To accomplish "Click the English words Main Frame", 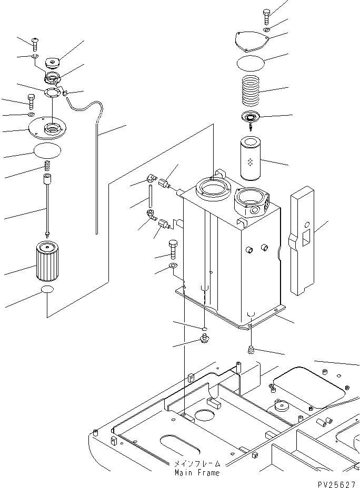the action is (x=197, y=473).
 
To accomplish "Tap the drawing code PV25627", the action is (x=337, y=484).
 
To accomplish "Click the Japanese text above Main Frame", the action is (x=197, y=464).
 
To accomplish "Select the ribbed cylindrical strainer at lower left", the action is (x=47, y=261).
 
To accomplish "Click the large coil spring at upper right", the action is (x=251, y=90).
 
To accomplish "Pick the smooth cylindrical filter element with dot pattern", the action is (x=250, y=159).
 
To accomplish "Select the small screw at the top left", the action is (x=35, y=44).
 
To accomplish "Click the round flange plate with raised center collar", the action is (x=47, y=128).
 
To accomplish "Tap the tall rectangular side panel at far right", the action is (x=302, y=240).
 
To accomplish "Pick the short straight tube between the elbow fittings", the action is (x=151, y=196).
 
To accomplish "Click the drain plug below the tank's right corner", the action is (x=251, y=350).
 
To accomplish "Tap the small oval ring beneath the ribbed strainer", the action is (x=47, y=289).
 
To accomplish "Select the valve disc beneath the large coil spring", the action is (x=251, y=118).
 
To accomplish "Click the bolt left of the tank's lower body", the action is (x=172, y=249).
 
